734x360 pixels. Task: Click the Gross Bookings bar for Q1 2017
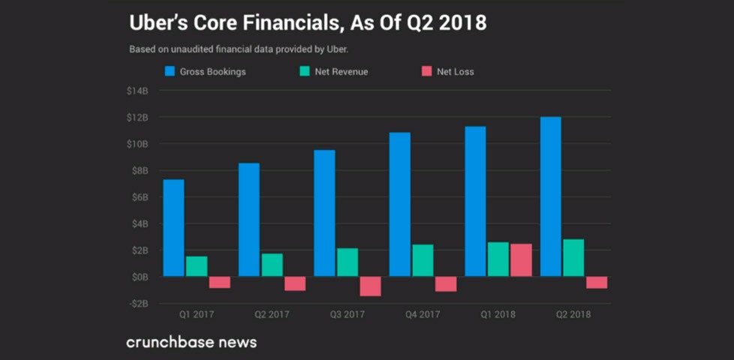(173, 228)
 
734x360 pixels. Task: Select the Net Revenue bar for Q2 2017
(272, 265)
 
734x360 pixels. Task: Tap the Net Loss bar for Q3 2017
(370, 286)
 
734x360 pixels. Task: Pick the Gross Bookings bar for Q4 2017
(399, 204)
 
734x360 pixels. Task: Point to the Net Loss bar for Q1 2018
(521, 260)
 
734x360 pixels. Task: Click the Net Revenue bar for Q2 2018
(573, 258)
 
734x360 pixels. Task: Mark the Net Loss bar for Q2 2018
(597, 282)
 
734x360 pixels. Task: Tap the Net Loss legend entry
(448, 72)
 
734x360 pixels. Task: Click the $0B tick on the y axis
(139, 277)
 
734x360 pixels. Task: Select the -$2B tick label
(138, 303)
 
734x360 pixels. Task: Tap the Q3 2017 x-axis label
(347, 315)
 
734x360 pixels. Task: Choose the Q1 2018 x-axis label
(498, 315)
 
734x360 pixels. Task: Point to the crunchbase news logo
(191, 342)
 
